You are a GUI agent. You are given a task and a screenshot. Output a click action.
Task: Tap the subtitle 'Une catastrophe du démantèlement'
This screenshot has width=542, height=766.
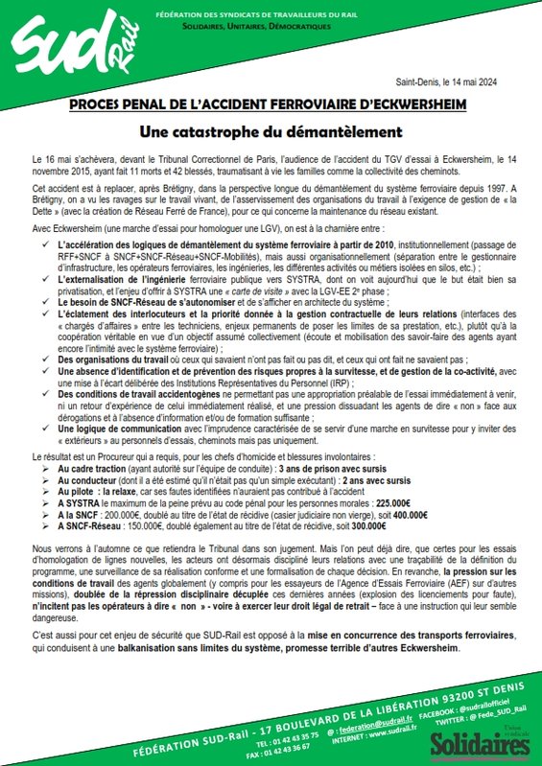(x=271, y=129)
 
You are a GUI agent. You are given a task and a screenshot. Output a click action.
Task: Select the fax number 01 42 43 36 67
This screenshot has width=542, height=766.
(x=286, y=754)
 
